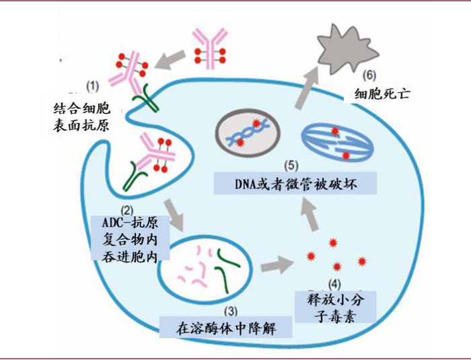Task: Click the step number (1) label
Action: [93, 87]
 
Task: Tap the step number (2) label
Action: [126, 209]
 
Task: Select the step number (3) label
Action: [231, 311]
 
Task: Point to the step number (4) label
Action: [334, 284]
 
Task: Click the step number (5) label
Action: [291, 166]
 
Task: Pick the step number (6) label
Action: [369, 75]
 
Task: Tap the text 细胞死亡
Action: [382, 94]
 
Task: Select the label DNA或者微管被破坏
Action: [295, 184]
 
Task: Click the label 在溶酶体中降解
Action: [225, 328]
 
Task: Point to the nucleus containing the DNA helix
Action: [248, 133]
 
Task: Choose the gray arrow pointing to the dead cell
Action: [305, 87]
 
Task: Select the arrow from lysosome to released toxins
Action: [277, 264]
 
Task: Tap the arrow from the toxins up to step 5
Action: [310, 215]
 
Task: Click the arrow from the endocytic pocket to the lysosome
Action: [174, 215]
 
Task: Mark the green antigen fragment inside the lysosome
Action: [227, 270]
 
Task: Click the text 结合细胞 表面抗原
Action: [81, 117]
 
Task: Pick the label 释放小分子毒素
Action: [336, 308]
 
